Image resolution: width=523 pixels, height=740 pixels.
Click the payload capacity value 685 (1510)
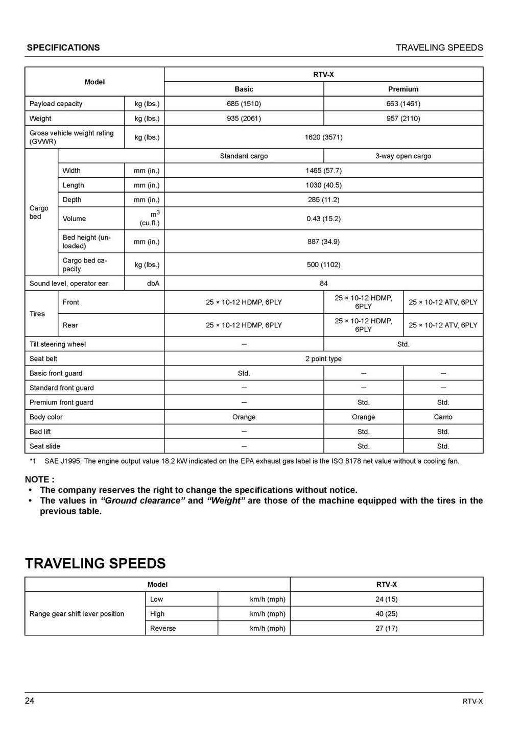(x=244, y=104)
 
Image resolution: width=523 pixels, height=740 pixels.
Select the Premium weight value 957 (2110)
(x=403, y=118)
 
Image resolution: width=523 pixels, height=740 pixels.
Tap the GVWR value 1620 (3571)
(x=323, y=137)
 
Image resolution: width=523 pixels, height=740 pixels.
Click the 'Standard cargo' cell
(x=244, y=156)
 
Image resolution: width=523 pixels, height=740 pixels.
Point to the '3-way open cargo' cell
(x=403, y=156)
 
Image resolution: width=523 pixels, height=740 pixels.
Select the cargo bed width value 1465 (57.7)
(x=323, y=171)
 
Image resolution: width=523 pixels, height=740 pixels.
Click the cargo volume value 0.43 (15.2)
(x=323, y=219)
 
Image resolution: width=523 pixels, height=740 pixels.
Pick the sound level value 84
(x=323, y=283)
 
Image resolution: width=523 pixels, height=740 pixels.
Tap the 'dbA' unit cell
(x=153, y=283)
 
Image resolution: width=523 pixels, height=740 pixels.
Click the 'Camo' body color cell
(x=443, y=417)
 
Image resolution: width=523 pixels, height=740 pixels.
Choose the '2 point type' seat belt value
(x=323, y=359)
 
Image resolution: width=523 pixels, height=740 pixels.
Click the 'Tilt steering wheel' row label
(x=58, y=344)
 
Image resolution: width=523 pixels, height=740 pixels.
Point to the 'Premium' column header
(x=403, y=89)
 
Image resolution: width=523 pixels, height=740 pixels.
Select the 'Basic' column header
(x=244, y=89)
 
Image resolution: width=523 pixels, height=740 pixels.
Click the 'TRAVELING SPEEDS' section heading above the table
(x=96, y=564)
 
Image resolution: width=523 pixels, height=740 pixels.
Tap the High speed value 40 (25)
(x=386, y=614)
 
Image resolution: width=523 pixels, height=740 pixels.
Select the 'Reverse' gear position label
(x=163, y=629)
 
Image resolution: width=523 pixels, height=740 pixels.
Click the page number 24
(x=30, y=701)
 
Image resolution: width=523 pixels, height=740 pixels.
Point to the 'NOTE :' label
(x=39, y=480)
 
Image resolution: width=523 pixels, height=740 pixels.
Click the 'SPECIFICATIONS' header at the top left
(x=63, y=48)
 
